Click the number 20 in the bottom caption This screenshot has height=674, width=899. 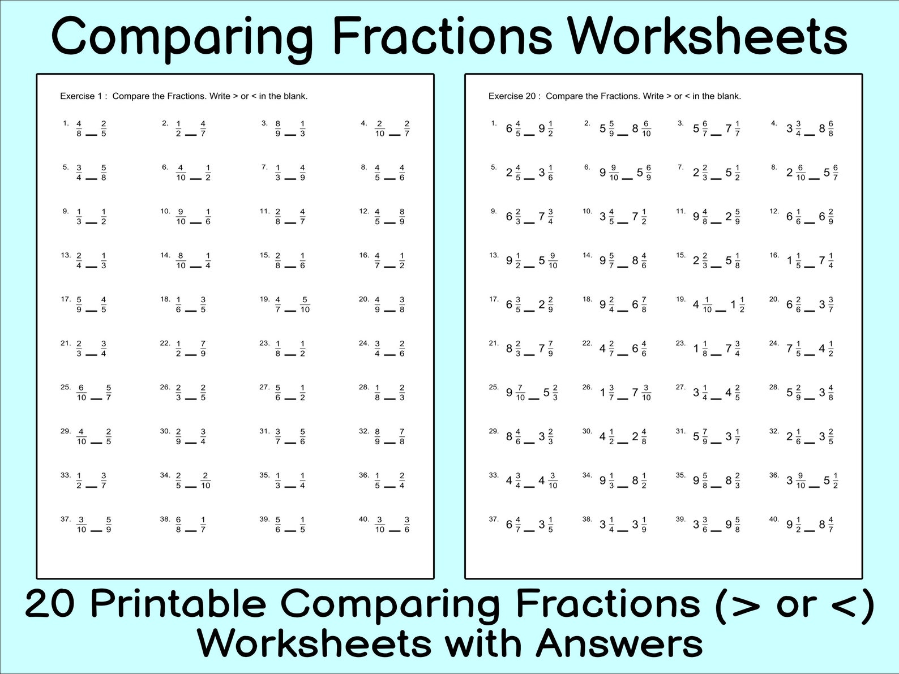click(49, 604)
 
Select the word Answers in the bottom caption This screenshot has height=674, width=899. click(619, 643)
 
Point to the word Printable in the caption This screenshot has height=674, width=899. click(178, 604)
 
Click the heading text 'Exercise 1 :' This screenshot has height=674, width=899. click(83, 96)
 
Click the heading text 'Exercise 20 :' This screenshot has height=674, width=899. click(514, 96)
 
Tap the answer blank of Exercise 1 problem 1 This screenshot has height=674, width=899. click(91, 135)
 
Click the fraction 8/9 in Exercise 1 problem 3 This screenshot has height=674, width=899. click(278, 128)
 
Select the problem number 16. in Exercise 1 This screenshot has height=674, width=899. click(364, 255)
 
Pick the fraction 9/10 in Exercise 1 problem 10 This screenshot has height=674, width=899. click(181, 217)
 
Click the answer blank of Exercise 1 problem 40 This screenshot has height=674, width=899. click(394, 531)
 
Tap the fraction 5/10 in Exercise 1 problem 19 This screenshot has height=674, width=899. click(305, 304)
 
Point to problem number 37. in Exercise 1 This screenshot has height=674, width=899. click(66, 519)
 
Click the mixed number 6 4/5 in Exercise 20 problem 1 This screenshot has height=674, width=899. click(513, 129)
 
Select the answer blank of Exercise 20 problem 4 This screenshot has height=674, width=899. click(810, 135)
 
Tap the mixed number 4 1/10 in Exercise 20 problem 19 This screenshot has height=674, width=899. click(703, 305)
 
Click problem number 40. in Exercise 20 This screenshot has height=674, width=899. click(774, 519)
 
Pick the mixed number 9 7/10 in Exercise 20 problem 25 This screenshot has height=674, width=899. click(516, 393)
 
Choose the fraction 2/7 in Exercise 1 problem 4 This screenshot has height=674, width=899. click(406, 128)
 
